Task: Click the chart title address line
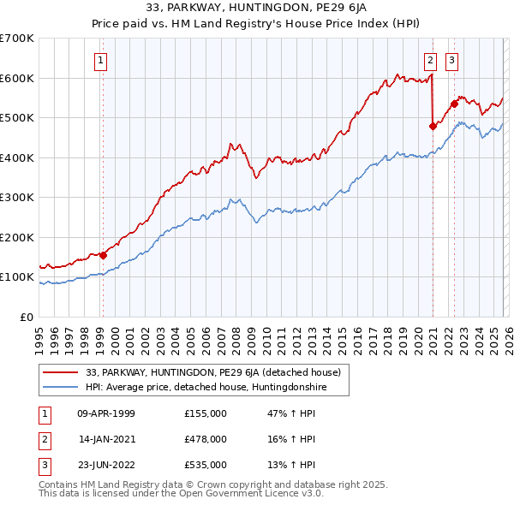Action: pyautogui.click(x=256, y=9)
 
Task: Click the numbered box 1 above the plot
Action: pyautogui.click(x=101, y=60)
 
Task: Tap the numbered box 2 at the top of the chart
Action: pyautogui.click(x=430, y=60)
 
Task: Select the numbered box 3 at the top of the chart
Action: pyautogui.click(x=451, y=60)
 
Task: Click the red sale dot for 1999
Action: pyautogui.click(x=103, y=254)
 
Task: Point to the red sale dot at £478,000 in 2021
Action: pyautogui.click(x=433, y=126)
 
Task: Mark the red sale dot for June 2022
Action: pyautogui.click(x=454, y=104)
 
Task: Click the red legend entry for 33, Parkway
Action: pyautogui.click(x=214, y=372)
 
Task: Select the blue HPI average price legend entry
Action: pyautogui.click(x=206, y=388)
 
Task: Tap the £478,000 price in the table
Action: pyautogui.click(x=206, y=439)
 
